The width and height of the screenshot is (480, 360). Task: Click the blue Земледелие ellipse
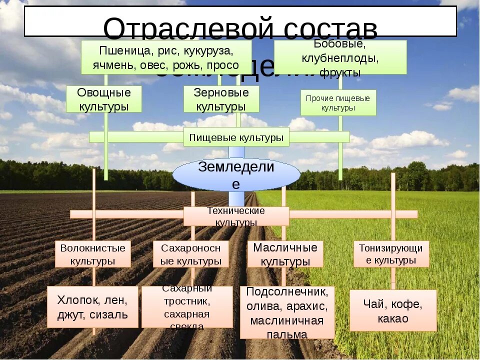tap(236, 174)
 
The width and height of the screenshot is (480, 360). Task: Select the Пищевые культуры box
tap(236, 136)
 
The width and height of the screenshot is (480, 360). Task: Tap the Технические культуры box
tap(236, 216)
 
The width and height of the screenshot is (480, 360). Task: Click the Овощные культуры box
tap(104, 99)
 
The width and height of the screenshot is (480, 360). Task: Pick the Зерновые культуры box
tap(221, 99)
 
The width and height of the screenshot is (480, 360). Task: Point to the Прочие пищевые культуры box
tap(338, 102)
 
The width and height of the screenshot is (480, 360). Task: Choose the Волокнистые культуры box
tap(93, 254)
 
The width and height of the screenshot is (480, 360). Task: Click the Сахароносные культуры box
tap(191, 254)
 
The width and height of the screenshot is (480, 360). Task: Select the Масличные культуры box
tap(285, 254)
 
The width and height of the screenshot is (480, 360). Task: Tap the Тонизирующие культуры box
tap(391, 253)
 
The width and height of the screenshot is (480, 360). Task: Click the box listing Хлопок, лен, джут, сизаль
tap(92, 307)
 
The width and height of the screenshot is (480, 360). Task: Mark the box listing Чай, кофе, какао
tap(393, 310)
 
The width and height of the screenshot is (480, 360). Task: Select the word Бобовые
tap(340, 45)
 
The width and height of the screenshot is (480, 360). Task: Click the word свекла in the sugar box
tap(186, 326)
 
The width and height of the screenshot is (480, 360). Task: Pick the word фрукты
tap(340, 73)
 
